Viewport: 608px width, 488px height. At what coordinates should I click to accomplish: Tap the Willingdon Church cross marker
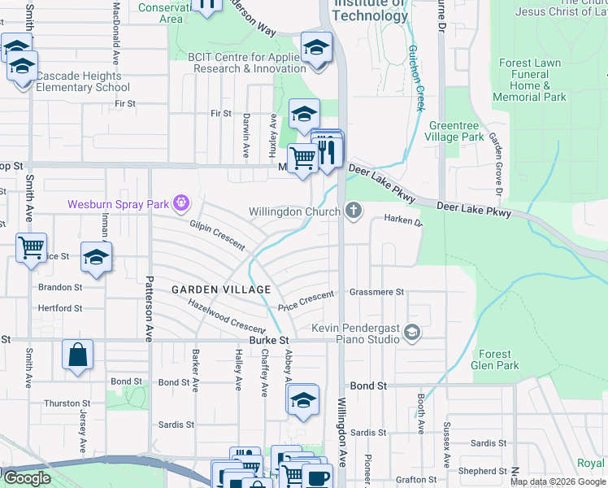click(x=353, y=211)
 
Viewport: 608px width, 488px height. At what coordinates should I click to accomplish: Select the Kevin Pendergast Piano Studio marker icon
click(x=412, y=331)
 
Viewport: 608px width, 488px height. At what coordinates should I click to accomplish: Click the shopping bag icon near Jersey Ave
click(x=78, y=355)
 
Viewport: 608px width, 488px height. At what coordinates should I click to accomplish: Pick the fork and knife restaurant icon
click(x=327, y=151)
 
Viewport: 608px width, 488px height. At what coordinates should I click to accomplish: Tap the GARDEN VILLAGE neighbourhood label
click(x=220, y=290)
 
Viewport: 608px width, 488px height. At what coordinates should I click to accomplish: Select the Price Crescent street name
click(x=306, y=303)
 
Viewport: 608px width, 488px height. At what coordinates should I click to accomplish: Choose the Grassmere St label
click(x=376, y=291)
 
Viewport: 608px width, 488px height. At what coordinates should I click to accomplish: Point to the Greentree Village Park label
click(x=456, y=132)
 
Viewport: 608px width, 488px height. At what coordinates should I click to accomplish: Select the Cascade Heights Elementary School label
click(x=78, y=81)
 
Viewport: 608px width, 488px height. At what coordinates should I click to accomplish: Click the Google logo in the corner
click(x=27, y=478)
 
